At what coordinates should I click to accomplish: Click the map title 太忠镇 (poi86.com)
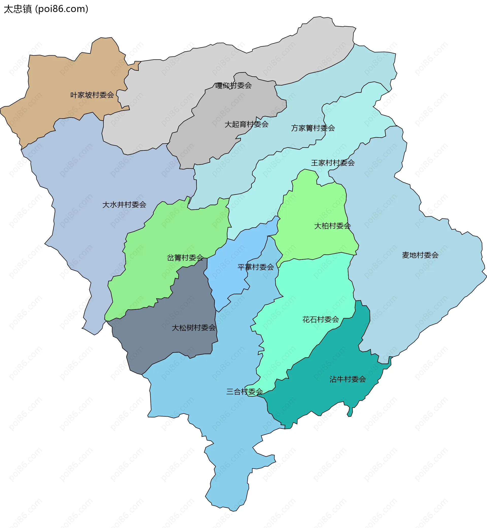coord(46,9)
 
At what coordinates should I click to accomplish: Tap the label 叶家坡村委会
coord(92,95)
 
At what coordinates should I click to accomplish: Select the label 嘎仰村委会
coord(234,86)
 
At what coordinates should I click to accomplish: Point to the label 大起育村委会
coord(246,124)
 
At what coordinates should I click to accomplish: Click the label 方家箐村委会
coord(313,128)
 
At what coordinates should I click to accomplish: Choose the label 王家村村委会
coord(333,163)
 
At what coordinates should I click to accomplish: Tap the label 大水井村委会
coord(124,205)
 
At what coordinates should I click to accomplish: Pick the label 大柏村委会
coord(332,226)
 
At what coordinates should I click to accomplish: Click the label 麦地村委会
coord(420,255)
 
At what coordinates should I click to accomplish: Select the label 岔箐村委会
coord(185,258)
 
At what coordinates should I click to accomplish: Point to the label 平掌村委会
coord(256,267)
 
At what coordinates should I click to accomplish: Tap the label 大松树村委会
coord(194,328)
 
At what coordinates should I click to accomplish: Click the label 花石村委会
coord(320,319)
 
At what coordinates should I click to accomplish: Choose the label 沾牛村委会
coord(347,379)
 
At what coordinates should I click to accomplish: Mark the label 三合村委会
coord(245,391)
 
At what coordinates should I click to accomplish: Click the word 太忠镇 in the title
coord(18,9)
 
